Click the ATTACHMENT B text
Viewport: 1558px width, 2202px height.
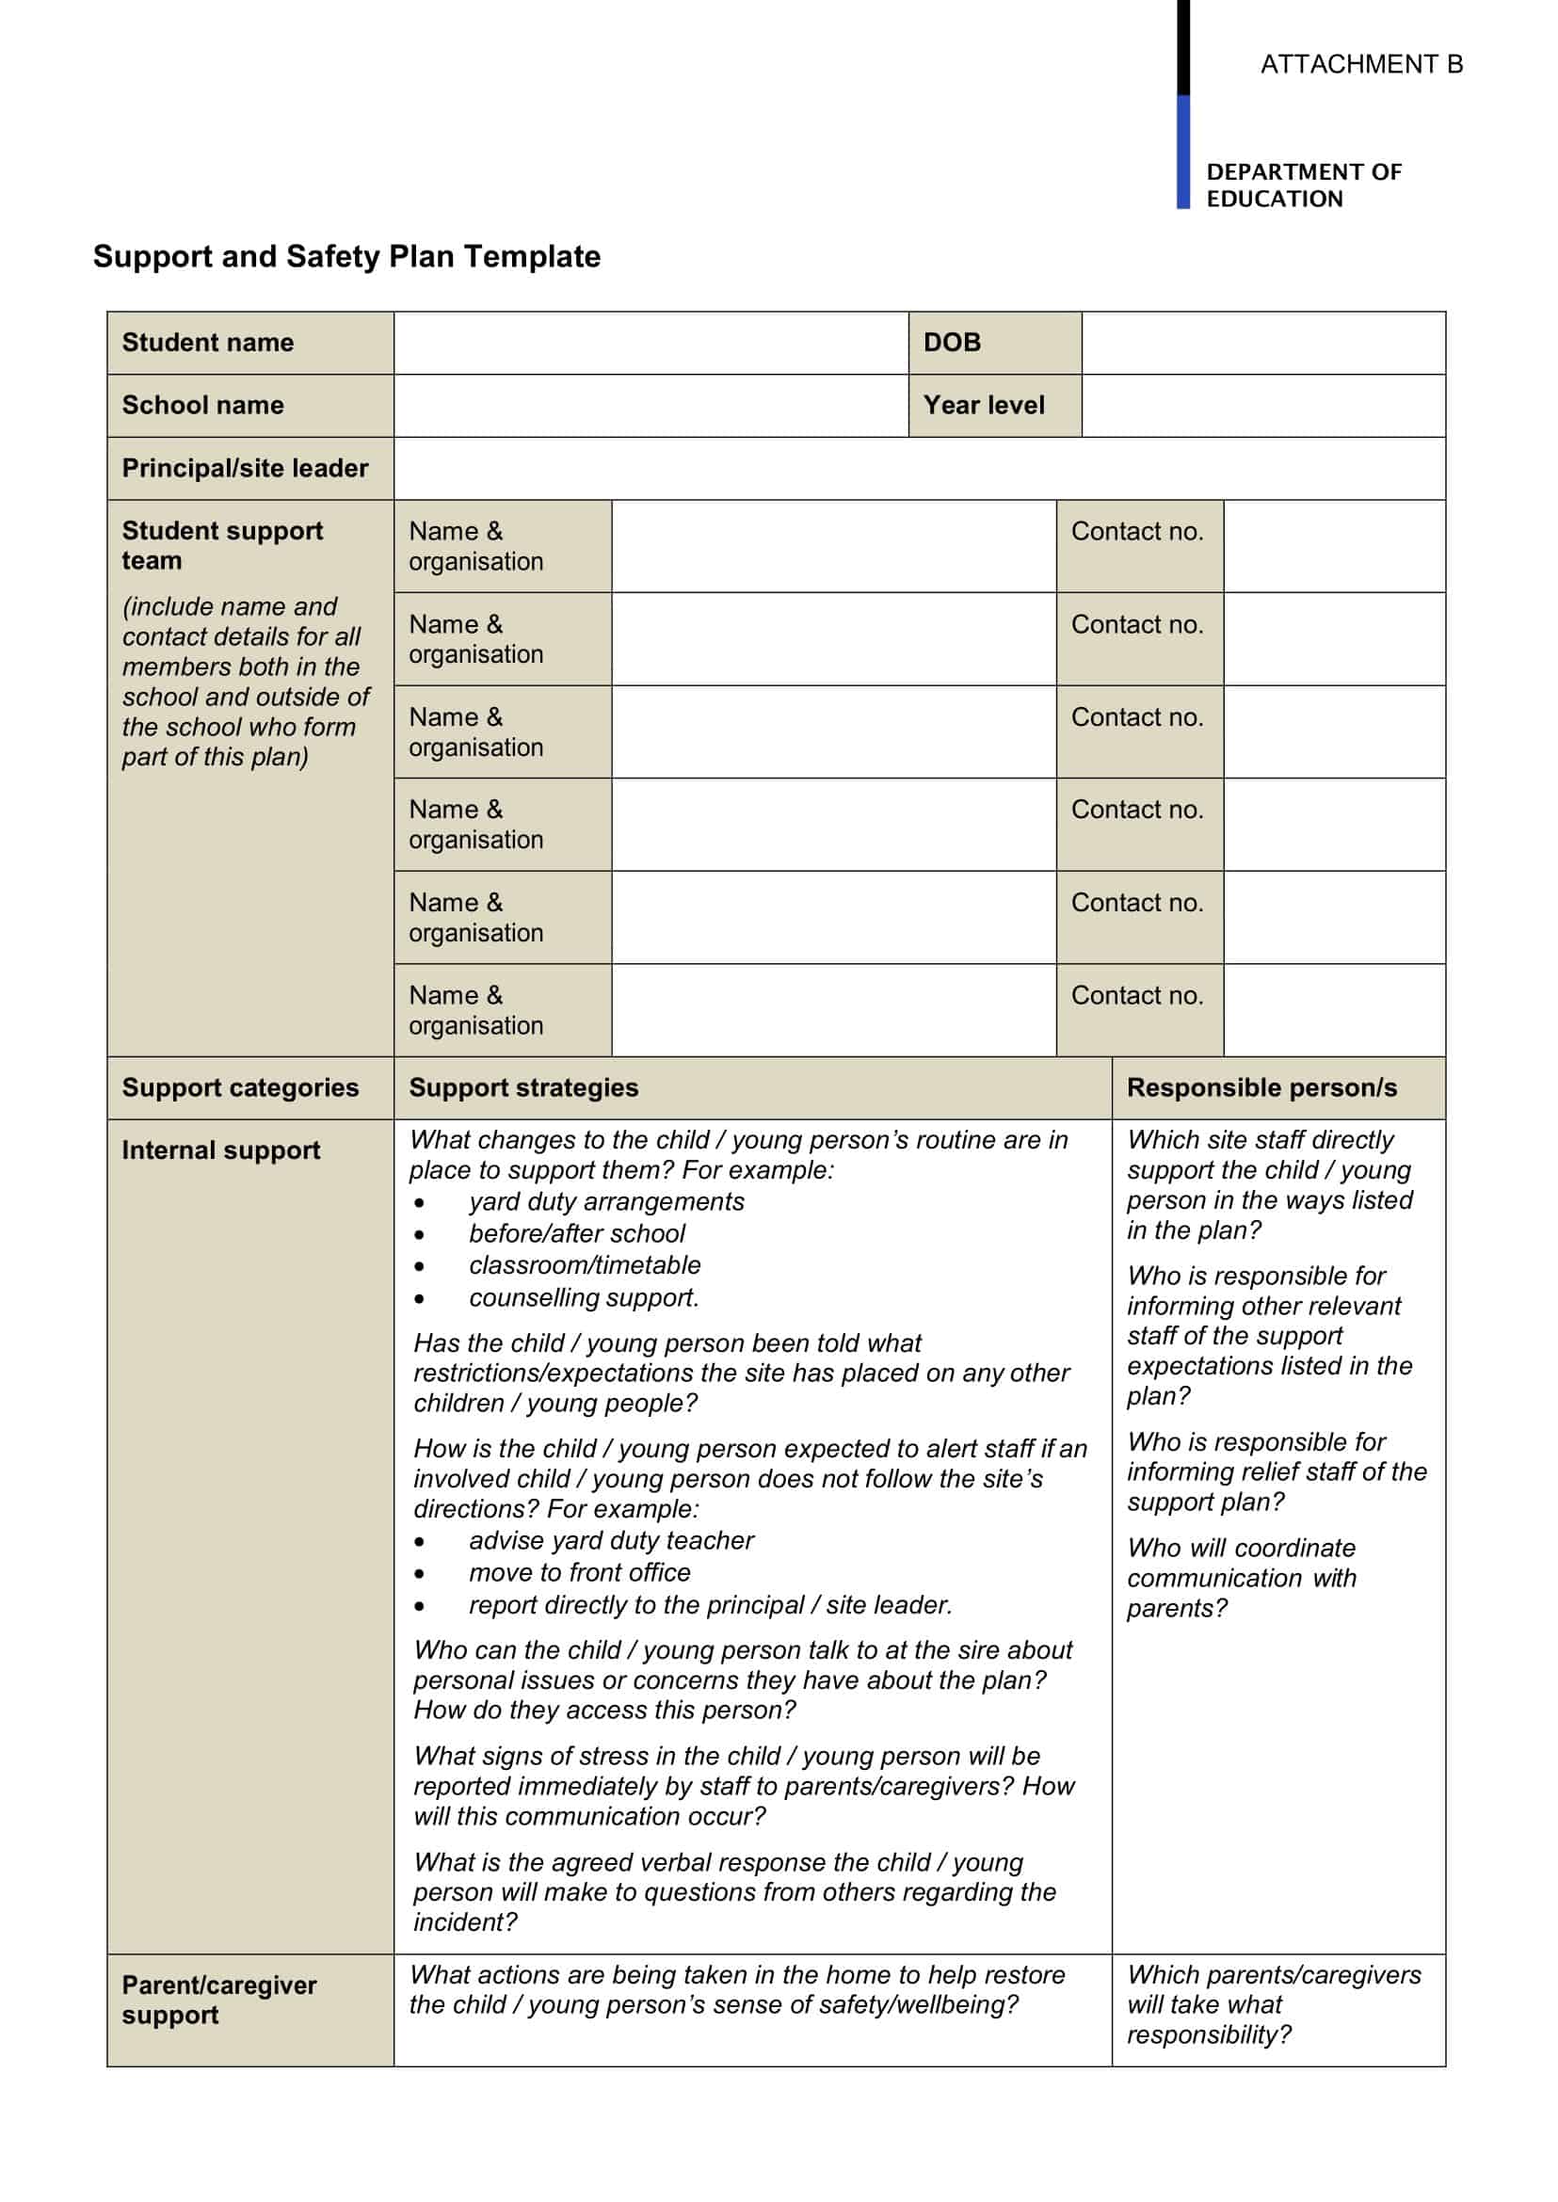(x=1360, y=64)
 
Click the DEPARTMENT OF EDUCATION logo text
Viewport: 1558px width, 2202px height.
(x=1303, y=185)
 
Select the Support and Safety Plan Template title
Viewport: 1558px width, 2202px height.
(x=346, y=256)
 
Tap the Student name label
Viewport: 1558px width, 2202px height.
(x=207, y=343)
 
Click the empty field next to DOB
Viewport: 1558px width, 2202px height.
(x=1262, y=343)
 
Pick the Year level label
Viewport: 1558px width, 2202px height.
(x=984, y=405)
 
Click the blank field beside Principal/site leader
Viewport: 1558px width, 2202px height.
(x=918, y=468)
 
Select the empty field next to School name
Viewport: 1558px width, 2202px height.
(x=651, y=405)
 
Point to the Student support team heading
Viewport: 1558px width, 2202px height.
(x=221, y=545)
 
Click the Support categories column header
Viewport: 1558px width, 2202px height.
(x=240, y=1087)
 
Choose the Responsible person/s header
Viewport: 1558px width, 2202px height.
(x=1261, y=1087)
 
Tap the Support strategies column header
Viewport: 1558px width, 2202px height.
(x=522, y=1087)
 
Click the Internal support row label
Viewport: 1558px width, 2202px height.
(x=220, y=1149)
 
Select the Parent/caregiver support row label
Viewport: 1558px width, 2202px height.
(x=218, y=2000)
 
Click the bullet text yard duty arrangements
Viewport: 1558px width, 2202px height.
(x=606, y=1201)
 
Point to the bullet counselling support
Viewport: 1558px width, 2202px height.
(x=584, y=1297)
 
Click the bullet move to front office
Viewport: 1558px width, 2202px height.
(x=580, y=1571)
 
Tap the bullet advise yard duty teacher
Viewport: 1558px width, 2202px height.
(x=611, y=1540)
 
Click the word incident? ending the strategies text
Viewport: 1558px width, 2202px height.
(x=465, y=1921)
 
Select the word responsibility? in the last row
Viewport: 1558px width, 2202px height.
(x=1209, y=2034)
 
